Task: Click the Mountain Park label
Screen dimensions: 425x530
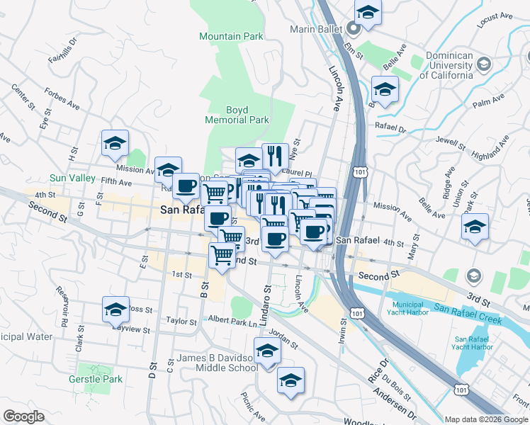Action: pos(231,36)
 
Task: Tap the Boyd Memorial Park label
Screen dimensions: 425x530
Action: pos(237,115)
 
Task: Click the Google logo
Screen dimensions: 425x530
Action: pos(24,416)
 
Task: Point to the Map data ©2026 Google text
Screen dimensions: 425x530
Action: pos(486,419)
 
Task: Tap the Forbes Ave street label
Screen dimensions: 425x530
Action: pos(61,99)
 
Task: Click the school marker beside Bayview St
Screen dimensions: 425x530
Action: pos(115,310)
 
